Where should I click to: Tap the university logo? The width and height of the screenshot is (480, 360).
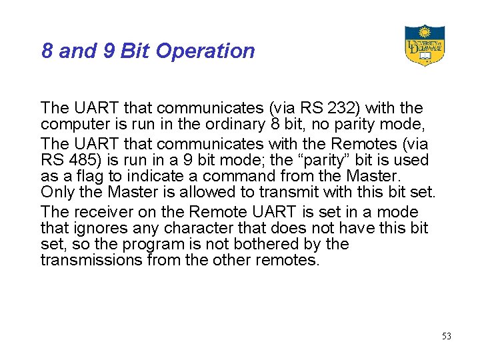pyautogui.click(x=424, y=45)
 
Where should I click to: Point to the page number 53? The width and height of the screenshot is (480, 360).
pyautogui.click(x=446, y=336)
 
